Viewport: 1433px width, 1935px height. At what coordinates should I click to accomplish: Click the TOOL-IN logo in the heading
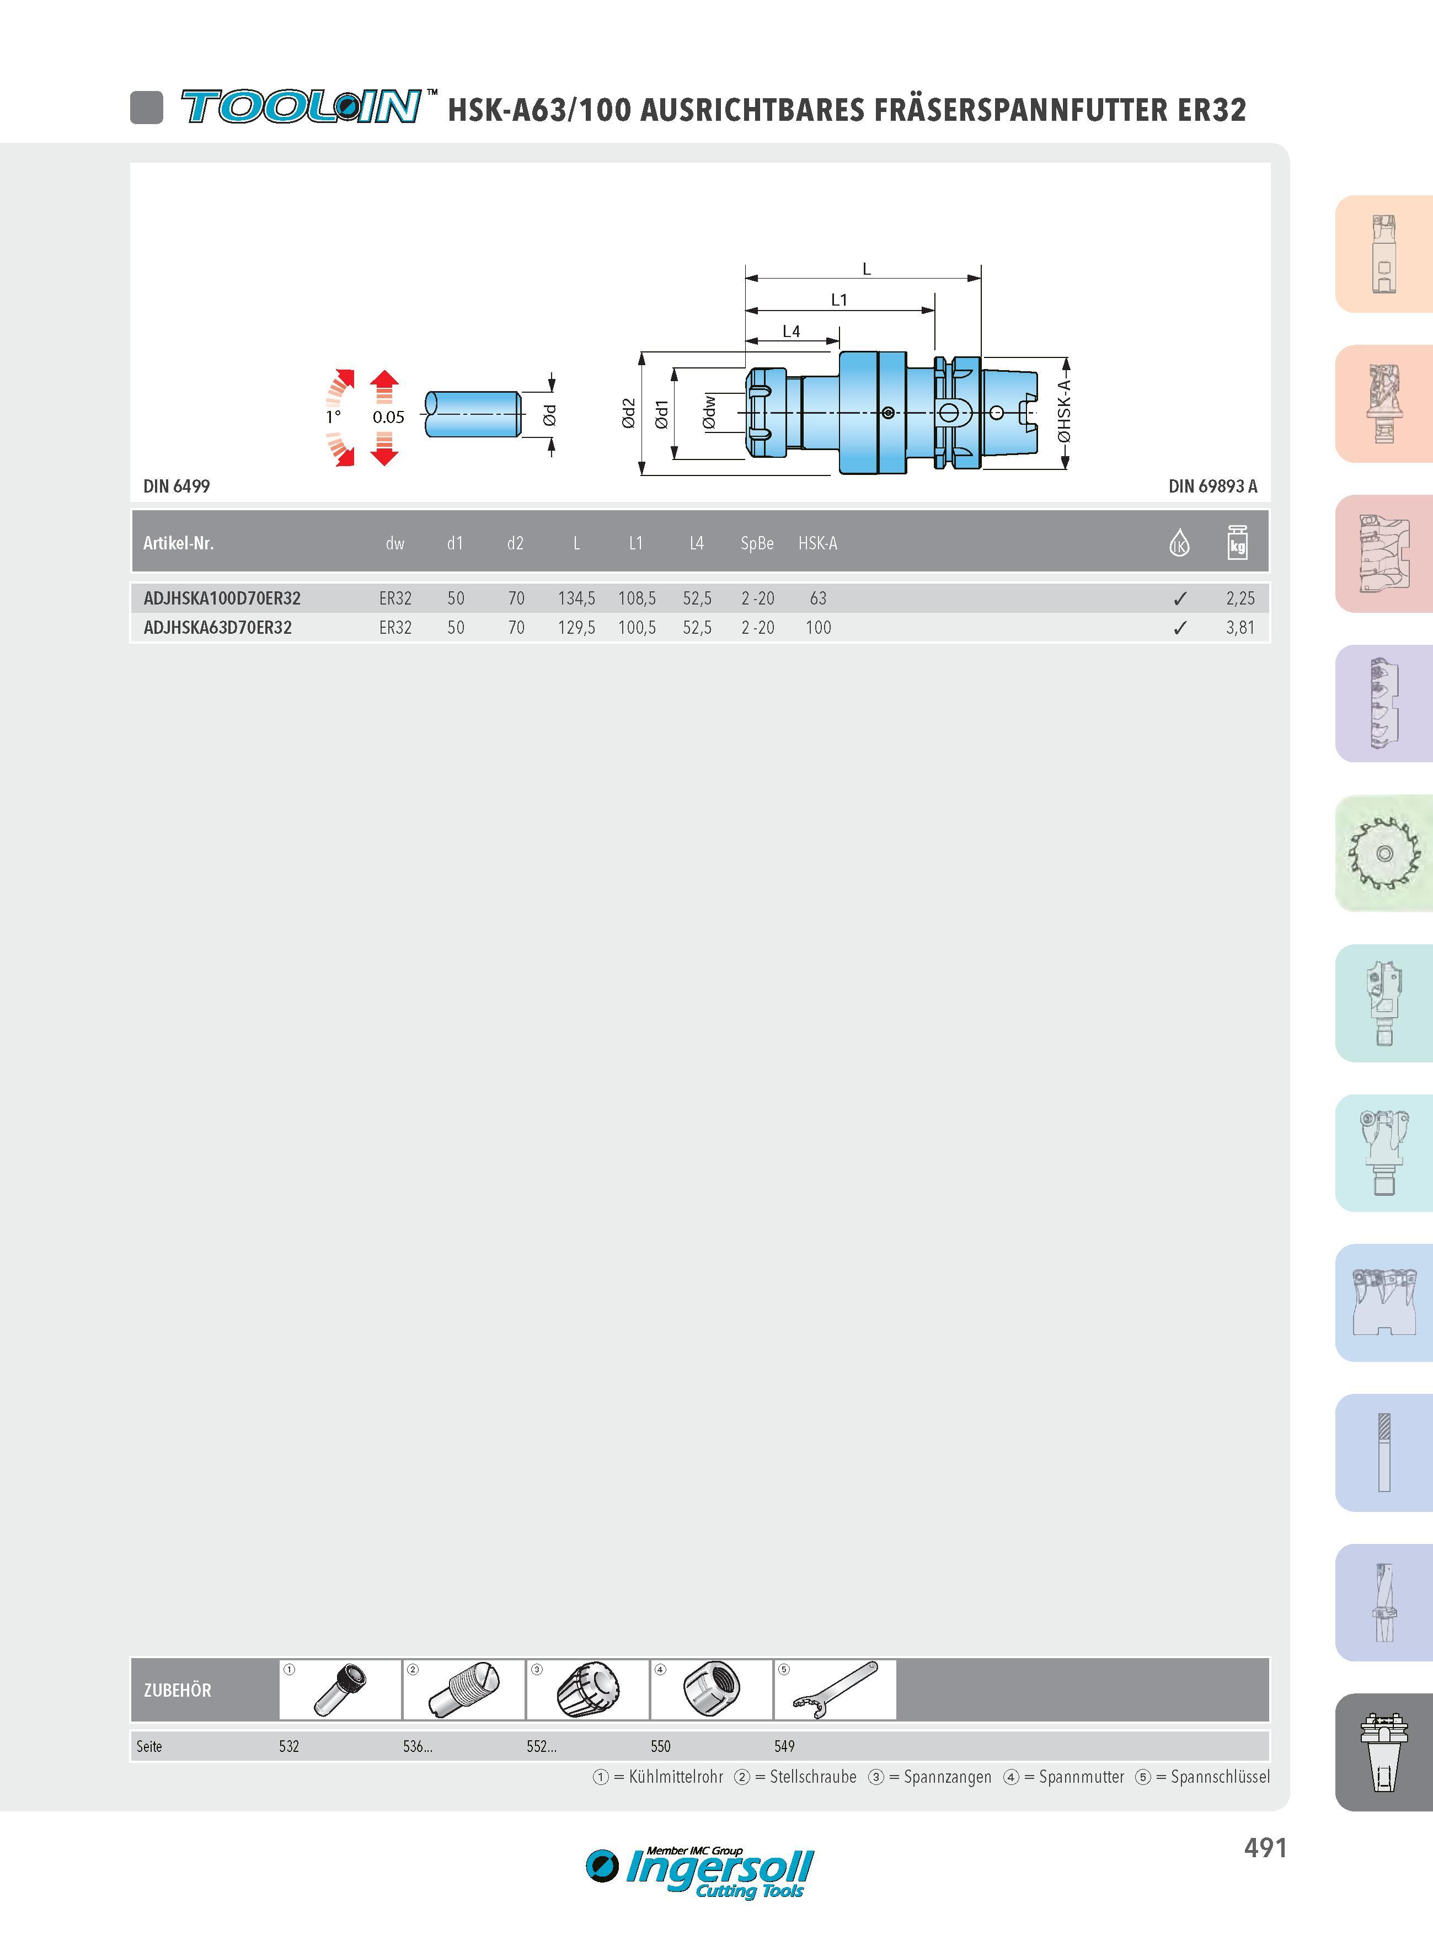coord(302,106)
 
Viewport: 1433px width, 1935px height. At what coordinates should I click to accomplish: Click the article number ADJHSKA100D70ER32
coord(222,598)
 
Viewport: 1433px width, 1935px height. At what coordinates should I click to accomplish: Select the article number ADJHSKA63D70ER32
coord(218,628)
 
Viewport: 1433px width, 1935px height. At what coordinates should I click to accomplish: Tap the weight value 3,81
coord(1239,628)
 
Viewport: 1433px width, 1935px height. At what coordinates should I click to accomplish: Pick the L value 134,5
coord(576,598)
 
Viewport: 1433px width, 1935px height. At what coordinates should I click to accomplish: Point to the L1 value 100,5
coord(637,628)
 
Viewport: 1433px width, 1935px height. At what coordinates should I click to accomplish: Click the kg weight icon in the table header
coord(1238,543)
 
